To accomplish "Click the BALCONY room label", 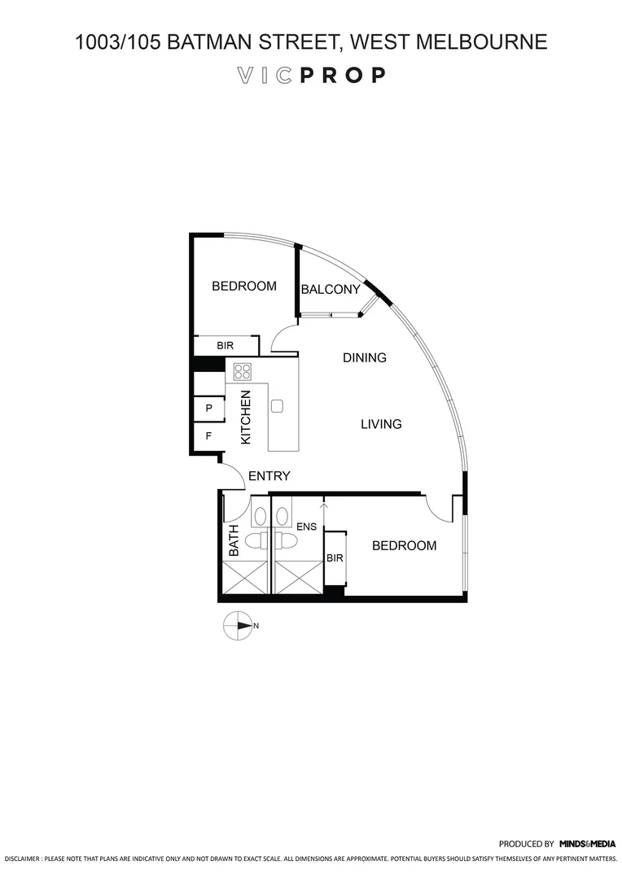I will click(331, 290).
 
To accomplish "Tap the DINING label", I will click(364, 357).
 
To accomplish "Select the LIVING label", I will click(381, 424).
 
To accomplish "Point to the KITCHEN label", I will click(246, 417).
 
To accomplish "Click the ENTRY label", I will click(269, 476).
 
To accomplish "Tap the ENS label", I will click(306, 527).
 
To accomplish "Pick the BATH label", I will click(234, 540).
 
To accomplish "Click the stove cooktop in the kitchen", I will click(243, 372).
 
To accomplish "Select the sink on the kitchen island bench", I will click(278, 405).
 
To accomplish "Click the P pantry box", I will click(209, 409).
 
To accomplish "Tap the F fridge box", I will click(209, 436).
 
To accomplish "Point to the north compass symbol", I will click(239, 626).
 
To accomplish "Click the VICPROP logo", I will click(310, 76).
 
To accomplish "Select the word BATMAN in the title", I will click(209, 42).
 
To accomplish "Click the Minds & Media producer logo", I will click(587, 844).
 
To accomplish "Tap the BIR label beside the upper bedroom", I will click(225, 346).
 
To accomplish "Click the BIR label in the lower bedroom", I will click(335, 558).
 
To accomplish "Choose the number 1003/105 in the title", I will click(117, 42).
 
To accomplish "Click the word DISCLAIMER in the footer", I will click(21, 859).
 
